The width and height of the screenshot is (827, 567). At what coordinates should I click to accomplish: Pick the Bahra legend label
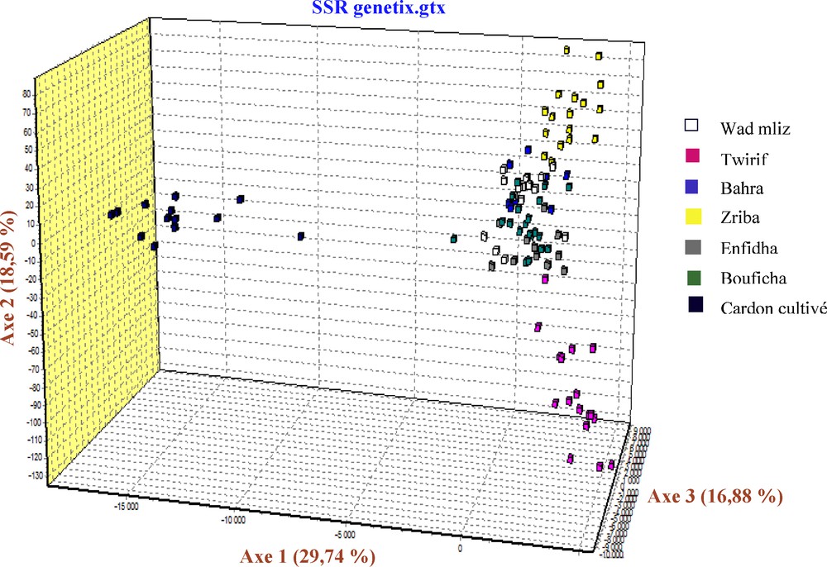[x=741, y=188]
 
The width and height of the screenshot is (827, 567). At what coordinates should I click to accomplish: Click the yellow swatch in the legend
[x=694, y=217]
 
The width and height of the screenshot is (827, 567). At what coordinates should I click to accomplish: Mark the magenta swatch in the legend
[x=694, y=157]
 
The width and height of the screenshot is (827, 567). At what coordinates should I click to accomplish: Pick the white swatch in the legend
[x=694, y=126]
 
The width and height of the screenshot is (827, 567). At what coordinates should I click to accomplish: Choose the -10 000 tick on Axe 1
[x=234, y=521]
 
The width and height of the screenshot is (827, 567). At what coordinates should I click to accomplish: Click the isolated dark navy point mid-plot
[x=301, y=236]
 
